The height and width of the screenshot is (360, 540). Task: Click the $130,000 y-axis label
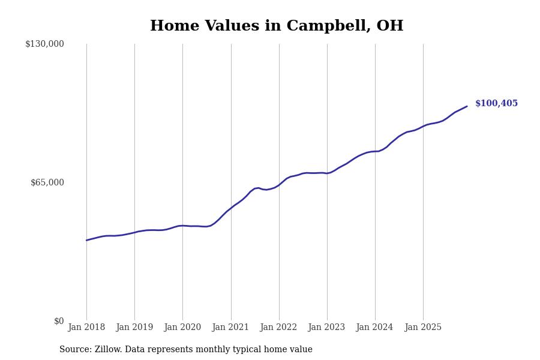point(44,44)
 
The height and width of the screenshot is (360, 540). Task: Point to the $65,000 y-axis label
point(47,182)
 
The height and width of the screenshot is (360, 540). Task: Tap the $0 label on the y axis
point(59,321)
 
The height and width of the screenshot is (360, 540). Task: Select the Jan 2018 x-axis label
point(86,328)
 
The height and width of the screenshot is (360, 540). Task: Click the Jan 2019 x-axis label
point(134,328)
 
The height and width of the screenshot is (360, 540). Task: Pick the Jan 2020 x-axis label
point(182,328)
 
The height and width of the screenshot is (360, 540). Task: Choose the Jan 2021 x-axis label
point(230,328)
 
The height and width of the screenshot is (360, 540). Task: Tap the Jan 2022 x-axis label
point(278,328)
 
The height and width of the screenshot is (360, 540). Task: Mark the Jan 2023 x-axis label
point(326,328)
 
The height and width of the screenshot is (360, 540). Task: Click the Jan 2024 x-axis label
point(374,328)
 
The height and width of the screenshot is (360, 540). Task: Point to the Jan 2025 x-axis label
point(423,328)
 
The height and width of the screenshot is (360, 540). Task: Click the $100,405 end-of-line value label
point(496,104)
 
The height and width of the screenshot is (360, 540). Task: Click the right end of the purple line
point(467,106)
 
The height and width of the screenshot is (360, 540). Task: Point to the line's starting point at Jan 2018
point(86,240)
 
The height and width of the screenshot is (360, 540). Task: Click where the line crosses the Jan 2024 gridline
point(375,151)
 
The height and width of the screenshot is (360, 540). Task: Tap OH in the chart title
point(389,26)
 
